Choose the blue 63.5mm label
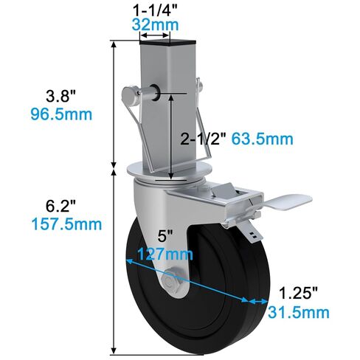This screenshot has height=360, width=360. [263, 138]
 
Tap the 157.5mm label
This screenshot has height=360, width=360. [61, 224]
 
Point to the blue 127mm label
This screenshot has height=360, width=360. [169, 255]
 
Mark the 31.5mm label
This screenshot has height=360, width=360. [298, 313]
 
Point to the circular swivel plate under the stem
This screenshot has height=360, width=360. [165, 175]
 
